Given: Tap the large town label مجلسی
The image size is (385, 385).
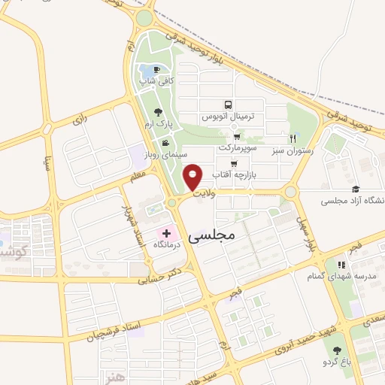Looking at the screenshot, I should tap(210, 235).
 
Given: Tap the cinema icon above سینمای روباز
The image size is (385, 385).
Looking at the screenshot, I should tap(165, 143).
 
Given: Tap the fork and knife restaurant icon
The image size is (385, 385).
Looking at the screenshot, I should tap(293, 138).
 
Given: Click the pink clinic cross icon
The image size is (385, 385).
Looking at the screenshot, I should tap(166, 235).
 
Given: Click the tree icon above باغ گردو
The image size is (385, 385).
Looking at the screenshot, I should tap(337, 350).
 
